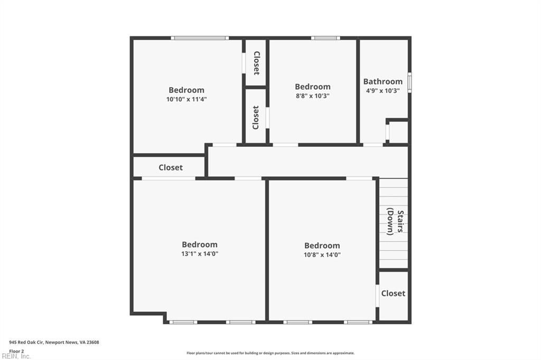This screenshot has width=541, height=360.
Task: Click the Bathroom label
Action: [x=383, y=81]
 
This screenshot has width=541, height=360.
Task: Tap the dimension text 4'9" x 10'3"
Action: [x=383, y=91]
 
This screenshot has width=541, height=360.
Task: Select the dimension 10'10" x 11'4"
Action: [x=186, y=99]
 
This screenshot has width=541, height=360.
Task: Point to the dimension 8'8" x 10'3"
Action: [x=313, y=96]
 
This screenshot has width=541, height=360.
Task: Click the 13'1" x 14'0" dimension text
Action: [x=200, y=254]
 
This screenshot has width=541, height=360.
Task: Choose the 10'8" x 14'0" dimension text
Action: [x=322, y=255]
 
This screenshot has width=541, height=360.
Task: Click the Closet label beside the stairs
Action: [x=393, y=293]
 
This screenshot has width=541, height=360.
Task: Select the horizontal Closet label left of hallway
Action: [x=171, y=167]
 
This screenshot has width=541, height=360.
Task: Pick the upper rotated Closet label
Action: [x=257, y=63]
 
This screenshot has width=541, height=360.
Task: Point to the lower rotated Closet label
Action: [x=256, y=118]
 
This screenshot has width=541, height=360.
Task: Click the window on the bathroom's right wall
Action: [x=409, y=82]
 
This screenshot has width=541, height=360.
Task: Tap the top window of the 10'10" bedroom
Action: [x=200, y=38]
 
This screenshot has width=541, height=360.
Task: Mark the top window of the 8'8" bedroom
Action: [x=325, y=38]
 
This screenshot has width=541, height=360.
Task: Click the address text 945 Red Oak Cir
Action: [x=26, y=343]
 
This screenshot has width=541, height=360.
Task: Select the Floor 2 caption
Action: [x=16, y=351]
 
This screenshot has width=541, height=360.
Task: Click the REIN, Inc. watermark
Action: [x=16, y=356]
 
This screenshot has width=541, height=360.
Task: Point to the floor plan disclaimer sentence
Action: [x=270, y=353]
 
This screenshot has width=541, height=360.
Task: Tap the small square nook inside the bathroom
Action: [x=398, y=132]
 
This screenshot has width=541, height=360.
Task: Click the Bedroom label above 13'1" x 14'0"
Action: [x=200, y=244]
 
